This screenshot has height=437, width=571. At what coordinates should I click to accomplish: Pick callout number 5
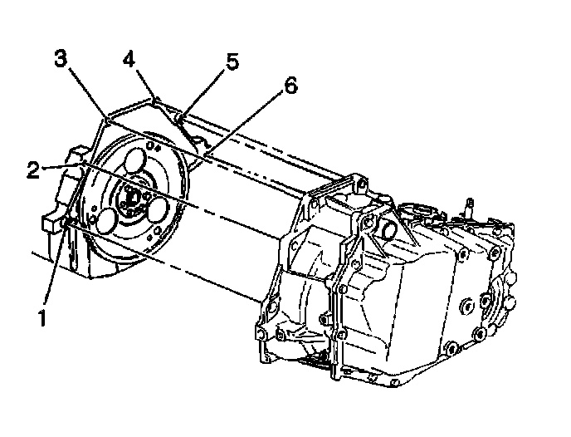pyautogui.click(x=232, y=62)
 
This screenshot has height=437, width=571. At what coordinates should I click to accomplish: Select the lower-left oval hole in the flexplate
pyautogui.click(x=108, y=220)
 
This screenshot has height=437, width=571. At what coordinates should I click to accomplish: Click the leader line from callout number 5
pyautogui.click(x=208, y=87)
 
